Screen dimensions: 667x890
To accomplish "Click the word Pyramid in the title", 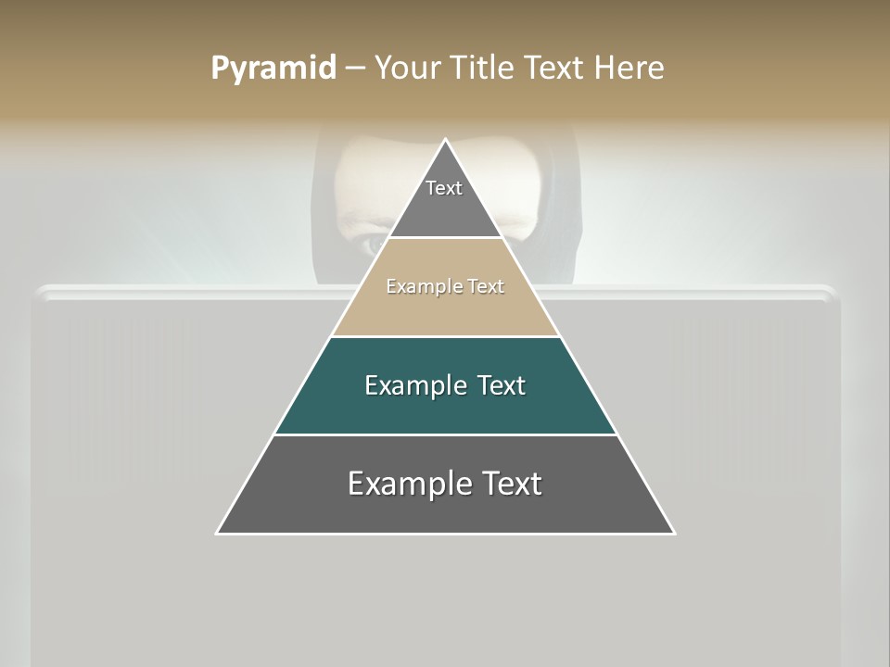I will click(273, 69).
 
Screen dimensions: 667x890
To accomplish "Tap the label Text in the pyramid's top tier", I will click(444, 188).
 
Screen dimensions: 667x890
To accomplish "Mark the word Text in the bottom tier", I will click(510, 484).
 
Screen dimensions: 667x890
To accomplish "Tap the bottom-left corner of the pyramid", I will click(217, 534).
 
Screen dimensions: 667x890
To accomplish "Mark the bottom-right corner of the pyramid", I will click(674, 534).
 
